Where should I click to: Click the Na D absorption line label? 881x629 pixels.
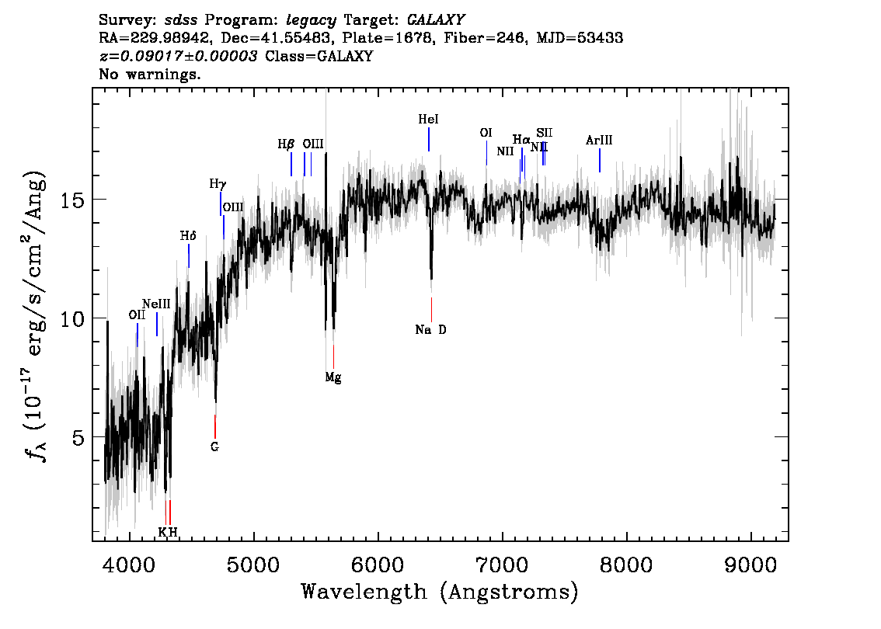click(431, 329)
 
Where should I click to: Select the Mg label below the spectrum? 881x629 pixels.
click(333, 378)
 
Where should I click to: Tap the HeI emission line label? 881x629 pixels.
click(428, 120)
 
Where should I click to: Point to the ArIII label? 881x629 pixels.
click(599, 141)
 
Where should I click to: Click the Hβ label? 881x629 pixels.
click(286, 144)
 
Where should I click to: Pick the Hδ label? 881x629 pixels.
click(188, 235)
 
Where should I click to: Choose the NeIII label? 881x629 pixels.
click(156, 304)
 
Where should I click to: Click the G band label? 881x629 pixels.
click(214, 447)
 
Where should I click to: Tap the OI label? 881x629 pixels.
click(486, 133)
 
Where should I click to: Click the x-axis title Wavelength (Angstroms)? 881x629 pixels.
click(440, 593)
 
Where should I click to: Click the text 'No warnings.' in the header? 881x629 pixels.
click(150, 75)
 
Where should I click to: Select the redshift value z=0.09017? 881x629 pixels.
click(179, 57)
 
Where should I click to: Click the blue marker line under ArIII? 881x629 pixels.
click(599, 160)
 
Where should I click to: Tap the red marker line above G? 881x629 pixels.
click(215, 426)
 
